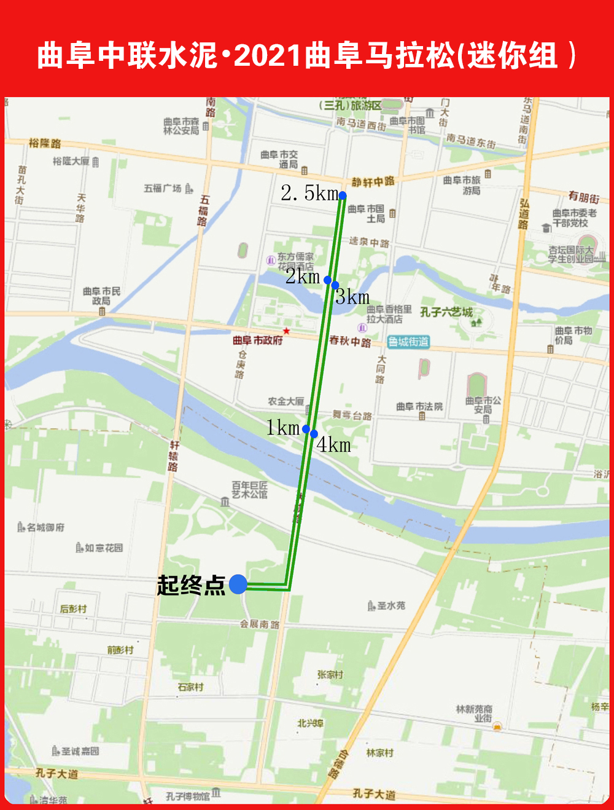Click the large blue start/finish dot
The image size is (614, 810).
coord(238,584)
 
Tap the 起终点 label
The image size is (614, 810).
coord(191,585)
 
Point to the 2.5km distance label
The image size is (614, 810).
coord(309,193)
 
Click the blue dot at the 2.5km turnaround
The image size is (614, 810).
coord(343,195)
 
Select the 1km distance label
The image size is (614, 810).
coord(282,428)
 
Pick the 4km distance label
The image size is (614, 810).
coord(335,444)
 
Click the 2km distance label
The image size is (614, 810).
coord(303,277)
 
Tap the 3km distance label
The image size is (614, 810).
coord(353,297)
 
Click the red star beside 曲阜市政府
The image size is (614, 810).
coord(286,331)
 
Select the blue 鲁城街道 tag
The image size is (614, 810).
coord(408,342)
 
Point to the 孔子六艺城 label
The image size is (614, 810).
coord(446,312)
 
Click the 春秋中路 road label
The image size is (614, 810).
coord(350,341)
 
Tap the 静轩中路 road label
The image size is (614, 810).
coord(373,182)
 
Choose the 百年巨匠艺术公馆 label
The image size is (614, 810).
coord(250,489)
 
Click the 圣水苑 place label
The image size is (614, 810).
coord(391,606)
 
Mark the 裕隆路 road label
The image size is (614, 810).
coord(45,143)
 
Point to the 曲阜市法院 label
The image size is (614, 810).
coord(419,406)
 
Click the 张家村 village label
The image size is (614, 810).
coord(330,674)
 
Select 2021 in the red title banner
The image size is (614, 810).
coord(268,55)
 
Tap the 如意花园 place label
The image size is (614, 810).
coord(103,548)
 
